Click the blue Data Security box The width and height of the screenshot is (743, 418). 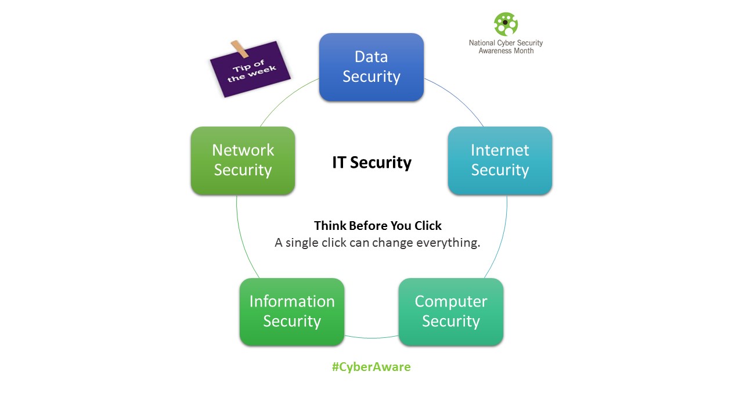(371, 67)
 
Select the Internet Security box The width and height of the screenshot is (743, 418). (500, 161)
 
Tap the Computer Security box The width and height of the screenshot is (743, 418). (451, 312)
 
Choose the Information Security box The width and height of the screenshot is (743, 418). (292, 312)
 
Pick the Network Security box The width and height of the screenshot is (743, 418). (243, 161)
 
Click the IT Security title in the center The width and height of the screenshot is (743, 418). (371, 163)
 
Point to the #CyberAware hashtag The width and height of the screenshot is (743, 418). (371, 367)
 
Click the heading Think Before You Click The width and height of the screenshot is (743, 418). (378, 226)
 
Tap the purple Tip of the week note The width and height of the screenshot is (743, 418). (250, 70)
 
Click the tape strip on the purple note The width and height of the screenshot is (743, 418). (240, 48)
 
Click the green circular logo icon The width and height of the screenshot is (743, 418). (506, 24)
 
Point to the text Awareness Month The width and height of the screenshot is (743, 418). (506, 51)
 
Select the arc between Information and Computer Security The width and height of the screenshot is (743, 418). (371, 338)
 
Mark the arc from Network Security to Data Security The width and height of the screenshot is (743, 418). (287, 98)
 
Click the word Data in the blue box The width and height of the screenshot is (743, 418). (371, 57)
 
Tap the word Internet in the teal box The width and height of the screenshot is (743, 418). (500, 150)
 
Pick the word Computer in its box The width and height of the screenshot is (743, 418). (451, 302)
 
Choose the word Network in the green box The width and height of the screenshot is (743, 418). (243, 150)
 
